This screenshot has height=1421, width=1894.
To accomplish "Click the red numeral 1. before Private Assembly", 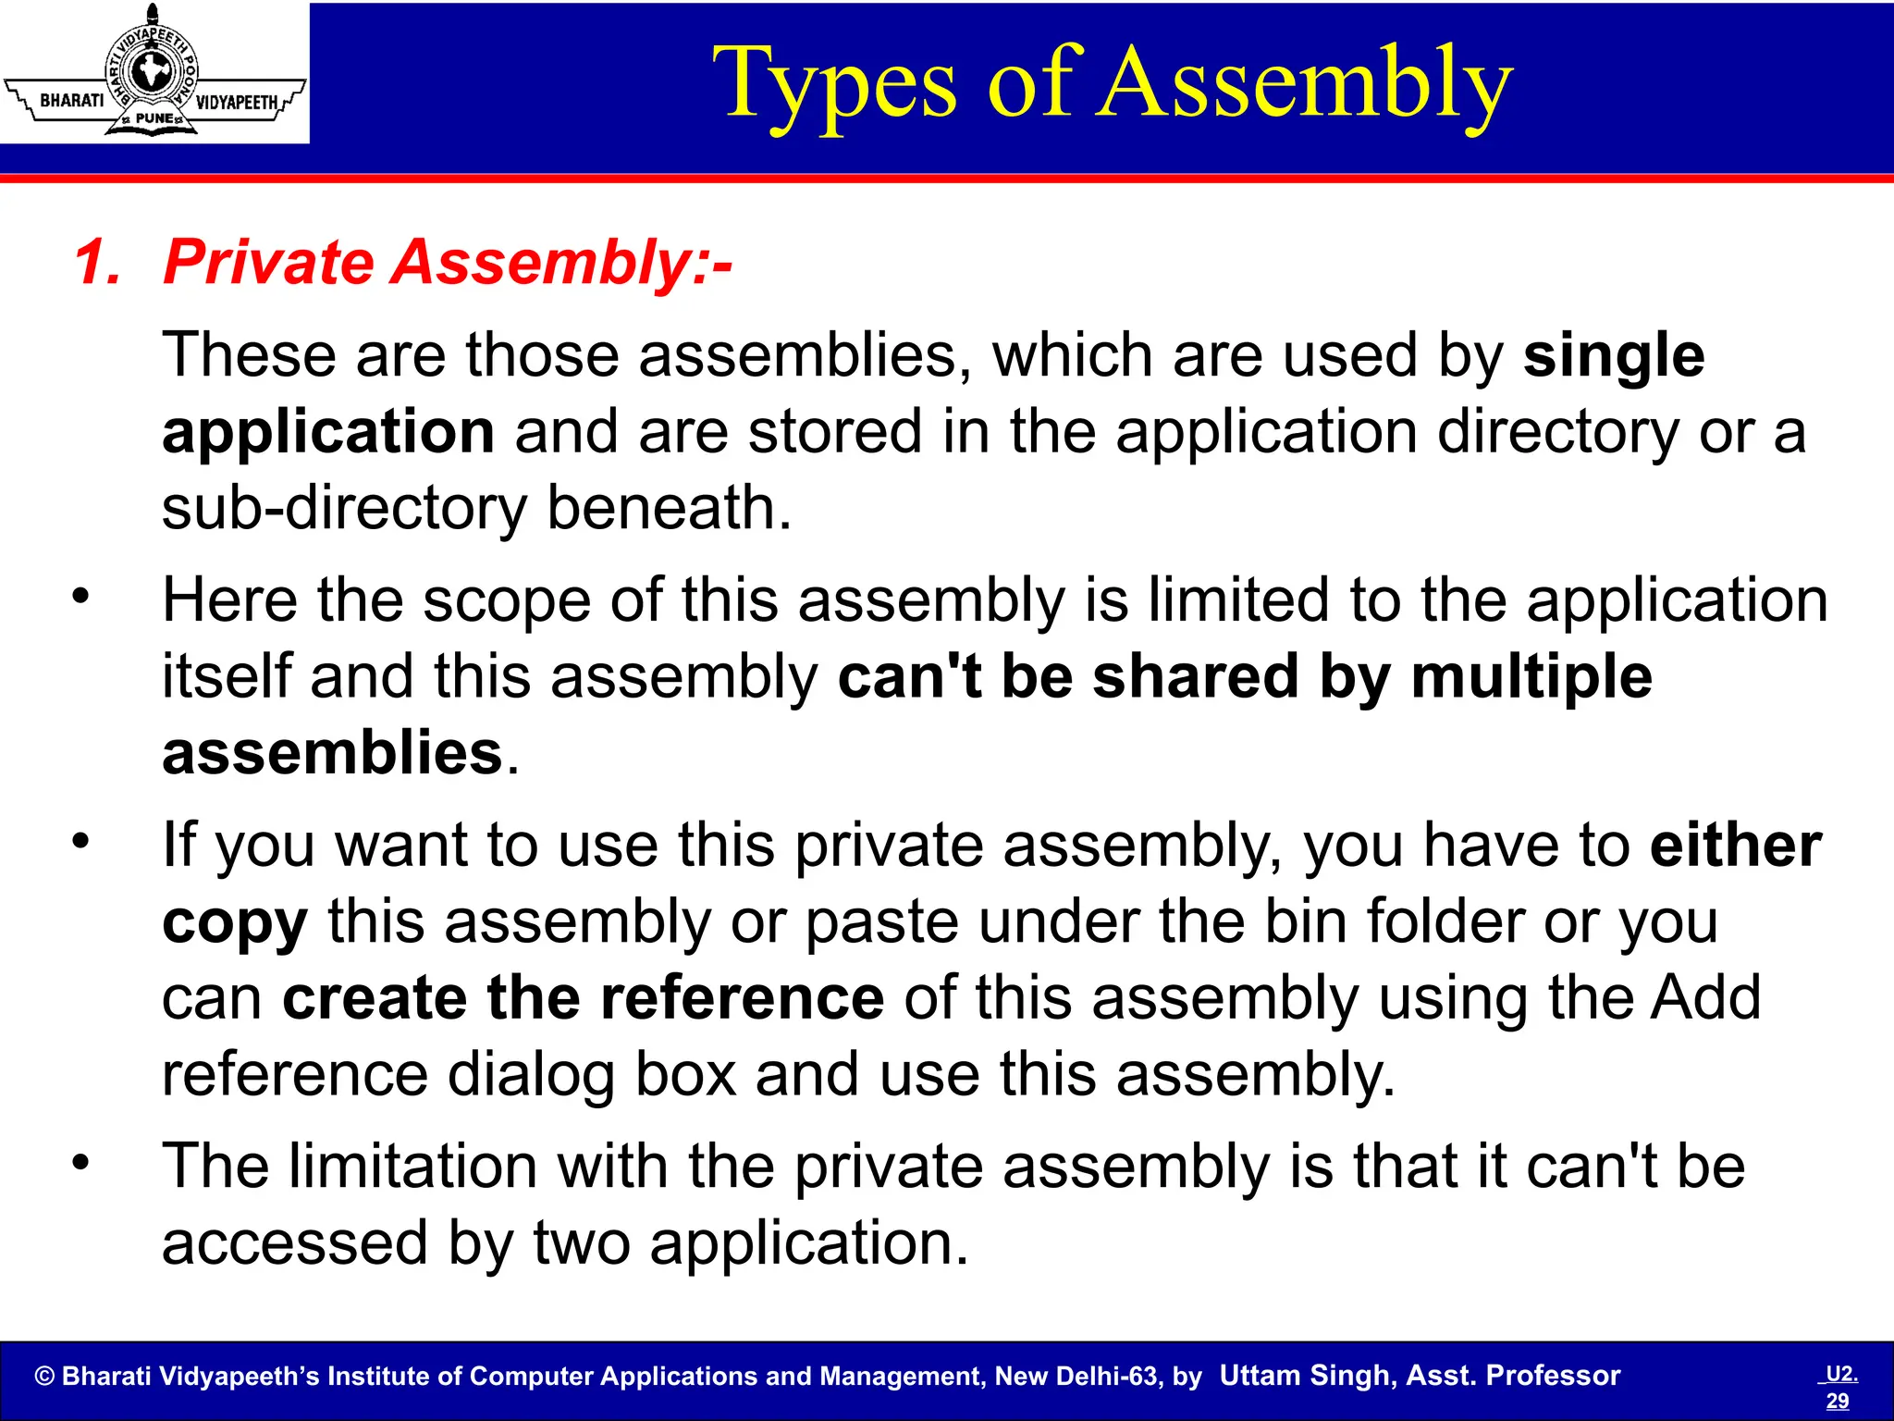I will [x=96, y=263].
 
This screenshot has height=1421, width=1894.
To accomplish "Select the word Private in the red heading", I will [x=268, y=263].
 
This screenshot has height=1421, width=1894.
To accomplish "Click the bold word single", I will [x=1613, y=356].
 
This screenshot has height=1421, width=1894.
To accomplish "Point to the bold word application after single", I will [x=328, y=433].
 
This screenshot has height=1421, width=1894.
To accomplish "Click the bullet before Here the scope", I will [x=81, y=596].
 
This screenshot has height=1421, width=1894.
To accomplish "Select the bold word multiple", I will [x=1531, y=676].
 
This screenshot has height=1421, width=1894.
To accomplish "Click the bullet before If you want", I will [x=81, y=841].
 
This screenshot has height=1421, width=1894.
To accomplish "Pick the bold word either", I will [x=1735, y=845].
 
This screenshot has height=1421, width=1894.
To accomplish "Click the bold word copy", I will [x=234, y=923].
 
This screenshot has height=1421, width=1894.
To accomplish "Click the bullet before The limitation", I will [x=81, y=1162].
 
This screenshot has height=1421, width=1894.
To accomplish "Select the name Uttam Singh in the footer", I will [x=1306, y=1376].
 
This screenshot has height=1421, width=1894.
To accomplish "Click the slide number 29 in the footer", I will [x=1837, y=1401].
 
